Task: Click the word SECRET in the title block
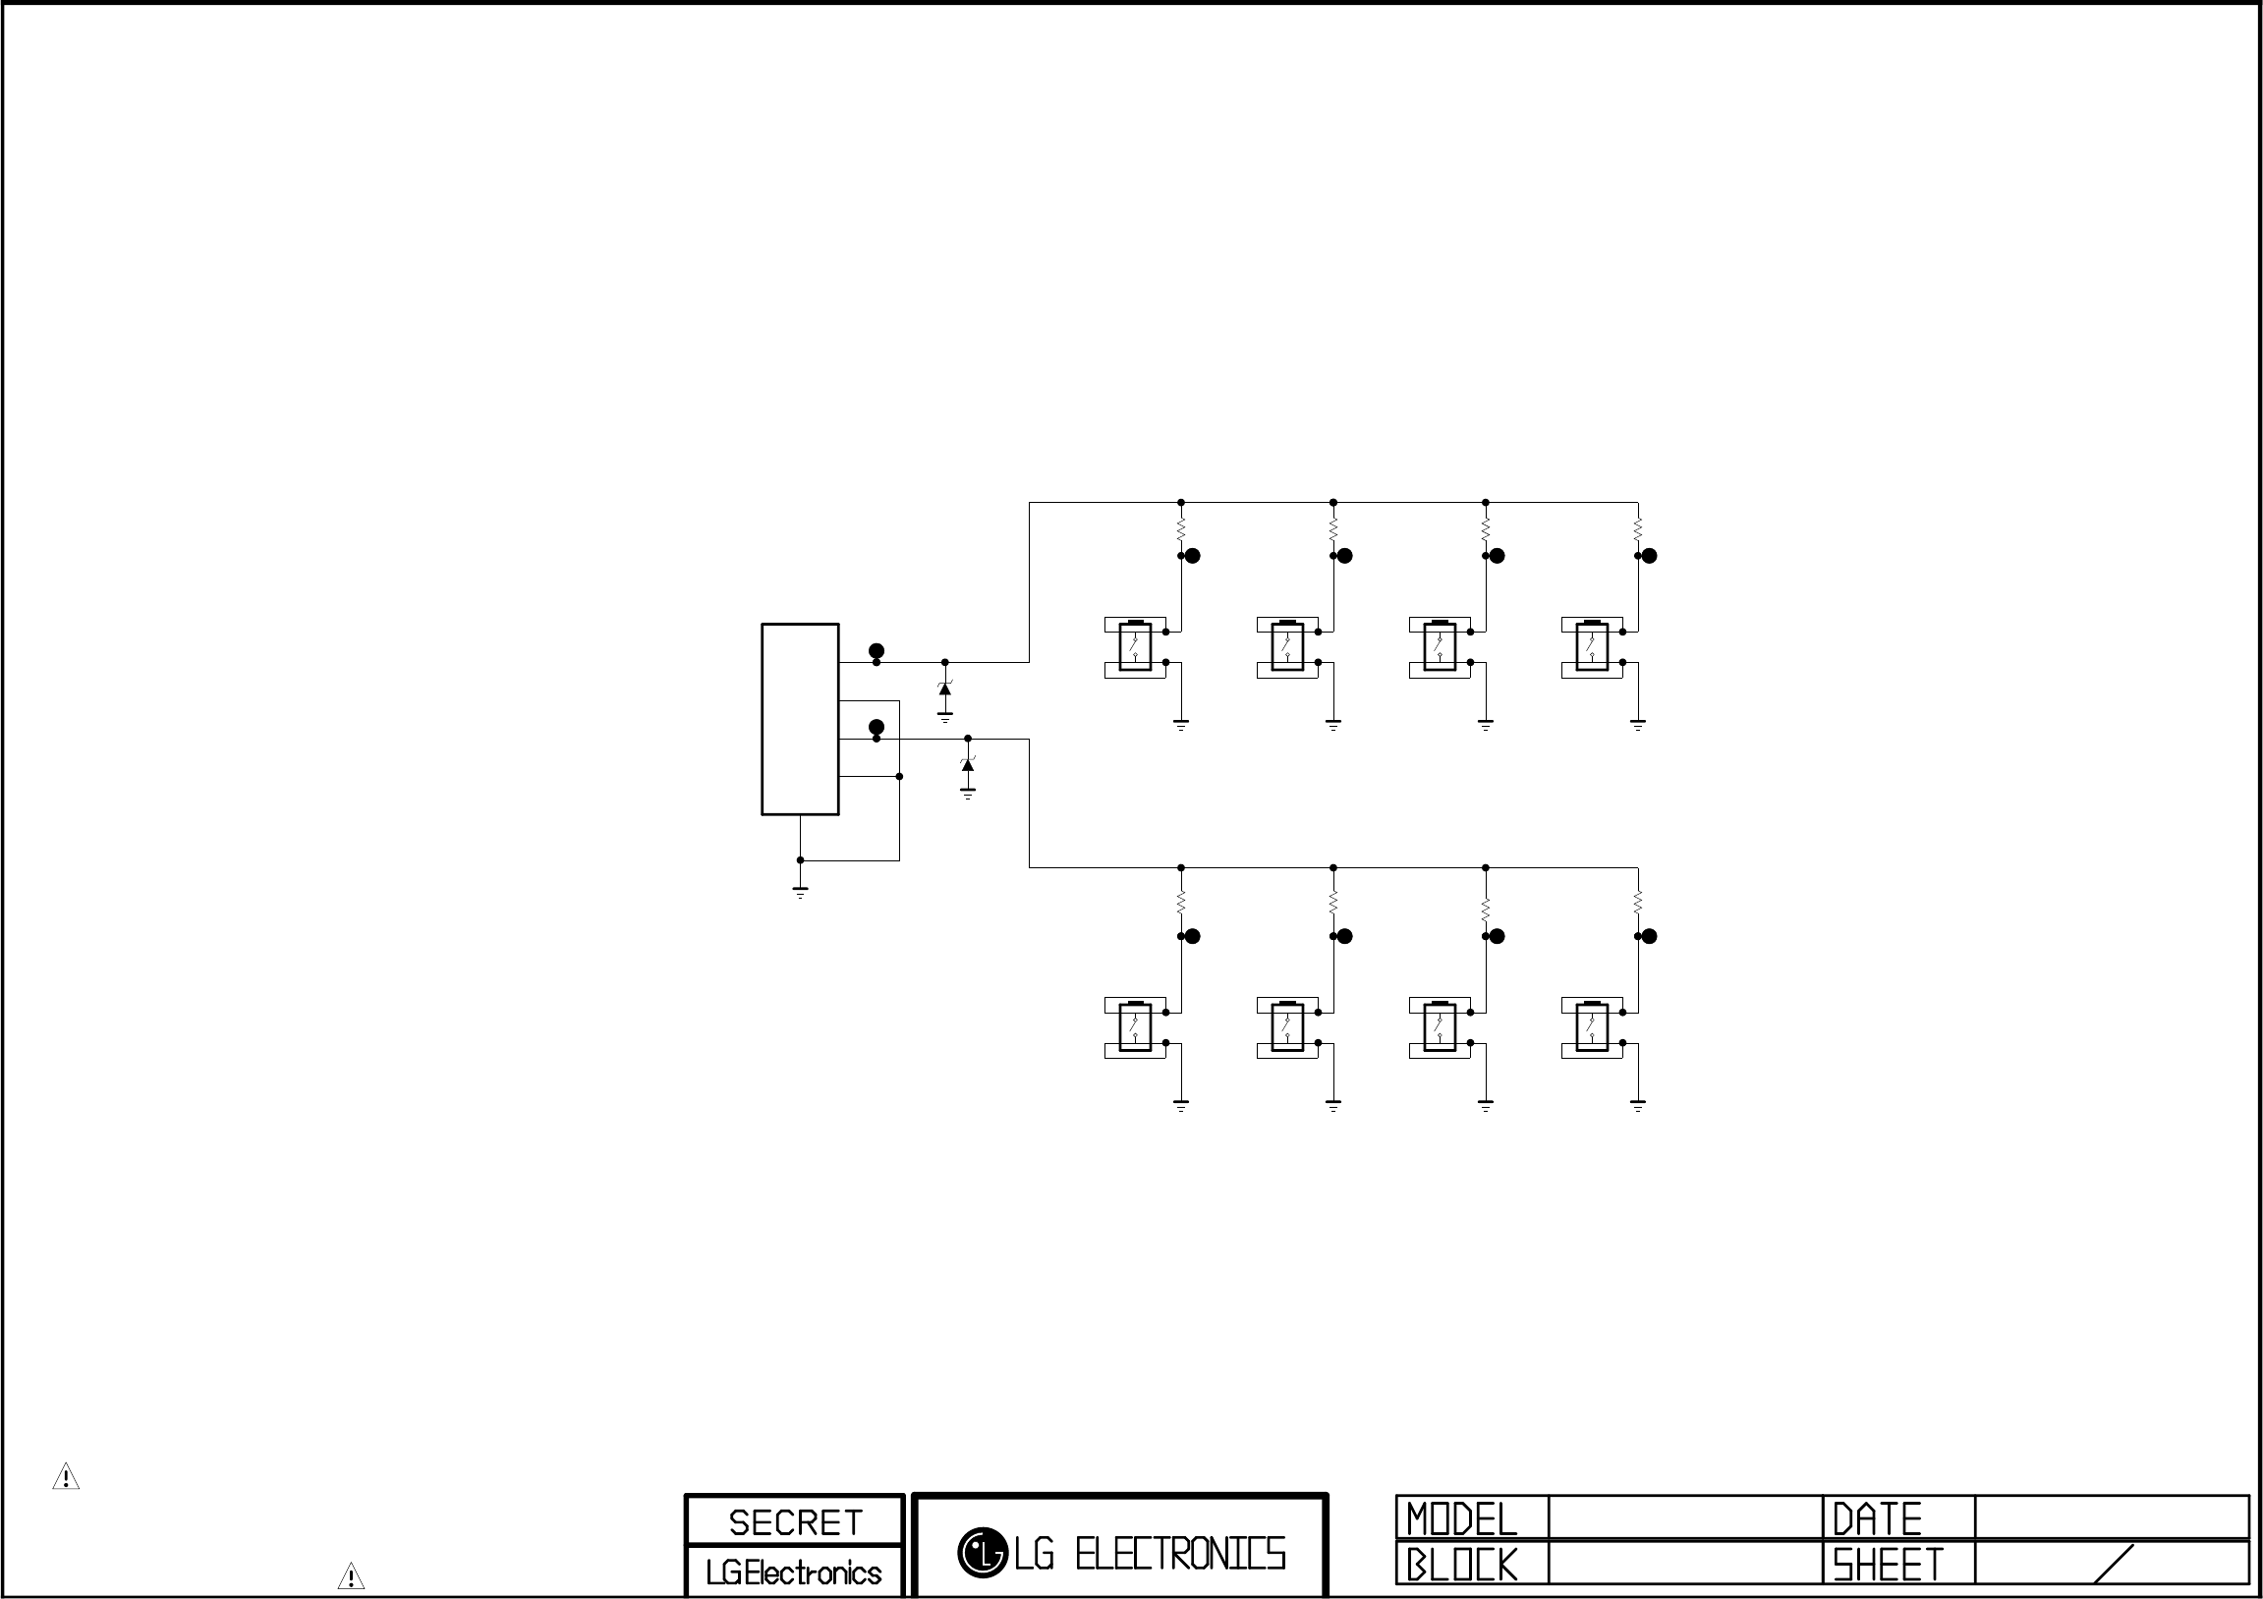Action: tap(795, 1522)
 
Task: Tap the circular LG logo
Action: tap(982, 1553)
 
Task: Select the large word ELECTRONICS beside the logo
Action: tap(1180, 1554)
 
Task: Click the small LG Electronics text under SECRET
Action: tap(793, 1572)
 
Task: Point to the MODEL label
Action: tap(1462, 1519)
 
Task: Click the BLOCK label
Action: tap(1462, 1565)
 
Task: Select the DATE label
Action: tap(1877, 1519)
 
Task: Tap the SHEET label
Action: tap(1888, 1565)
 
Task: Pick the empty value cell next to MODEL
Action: tap(1685, 1517)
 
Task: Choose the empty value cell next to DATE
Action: tap(2112, 1517)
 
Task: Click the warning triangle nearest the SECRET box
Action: tap(351, 1576)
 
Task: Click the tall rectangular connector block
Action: tap(800, 719)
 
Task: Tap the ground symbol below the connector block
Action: tap(800, 892)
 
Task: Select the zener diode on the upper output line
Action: tap(945, 689)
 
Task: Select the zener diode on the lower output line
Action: tap(968, 764)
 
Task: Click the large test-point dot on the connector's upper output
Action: tap(877, 651)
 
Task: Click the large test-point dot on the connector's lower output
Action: tap(877, 727)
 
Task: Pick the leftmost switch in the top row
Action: tap(1136, 647)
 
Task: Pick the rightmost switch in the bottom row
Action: tap(1592, 1027)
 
